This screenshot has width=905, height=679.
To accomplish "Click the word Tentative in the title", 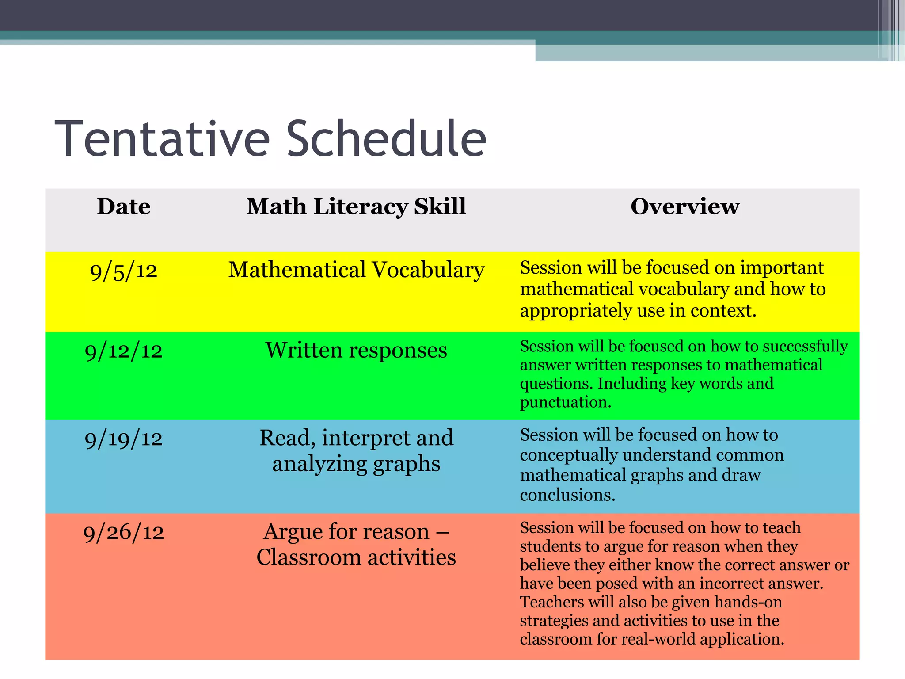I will click(x=162, y=139).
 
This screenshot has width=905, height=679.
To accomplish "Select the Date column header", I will click(x=124, y=206).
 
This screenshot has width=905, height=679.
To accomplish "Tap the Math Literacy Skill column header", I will click(x=356, y=206).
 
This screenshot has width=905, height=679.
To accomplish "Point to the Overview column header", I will click(x=684, y=206).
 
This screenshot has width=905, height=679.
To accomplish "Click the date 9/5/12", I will click(x=124, y=271).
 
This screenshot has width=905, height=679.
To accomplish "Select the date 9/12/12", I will click(x=124, y=351).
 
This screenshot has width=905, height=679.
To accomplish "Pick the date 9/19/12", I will click(x=124, y=439).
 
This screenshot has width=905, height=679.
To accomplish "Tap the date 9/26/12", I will click(x=124, y=532).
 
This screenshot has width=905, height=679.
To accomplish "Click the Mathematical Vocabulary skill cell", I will click(x=356, y=270).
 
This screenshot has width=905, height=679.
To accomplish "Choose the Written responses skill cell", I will click(x=356, y=351).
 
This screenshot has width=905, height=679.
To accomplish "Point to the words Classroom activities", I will click(x=356, y=557).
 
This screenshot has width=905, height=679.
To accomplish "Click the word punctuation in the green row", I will click(x=565, y=402).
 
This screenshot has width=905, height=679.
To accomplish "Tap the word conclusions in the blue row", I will click(x=567, y=495).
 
